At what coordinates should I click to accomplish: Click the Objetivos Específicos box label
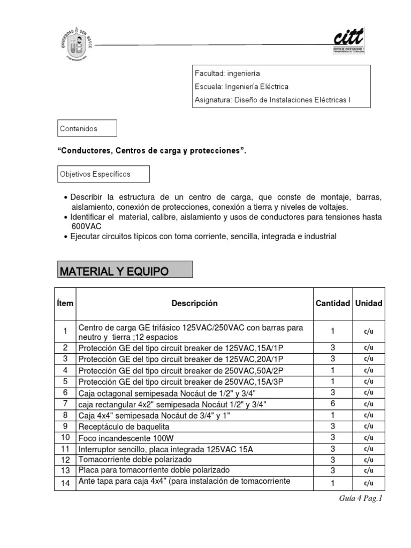(x=95, y=174)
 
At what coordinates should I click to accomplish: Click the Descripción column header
(x=195, y=303)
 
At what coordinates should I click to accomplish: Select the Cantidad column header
(x=332, y=303)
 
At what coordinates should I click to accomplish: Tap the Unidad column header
(x=368, y=303)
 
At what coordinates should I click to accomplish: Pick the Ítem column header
(x=65, y=303)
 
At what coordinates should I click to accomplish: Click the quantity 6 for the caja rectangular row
(x=332, y=404)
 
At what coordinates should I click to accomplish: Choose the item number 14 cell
(x=65, y=483)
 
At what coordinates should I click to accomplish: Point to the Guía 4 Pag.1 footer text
(x=362, y=499)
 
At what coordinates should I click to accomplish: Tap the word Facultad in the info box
(x=209, y=73)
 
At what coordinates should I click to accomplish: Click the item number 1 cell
(x=65, y=332)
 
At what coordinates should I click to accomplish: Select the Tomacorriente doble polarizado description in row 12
(x=134, y=460)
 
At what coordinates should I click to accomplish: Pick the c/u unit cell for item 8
(x=368, y=415)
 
